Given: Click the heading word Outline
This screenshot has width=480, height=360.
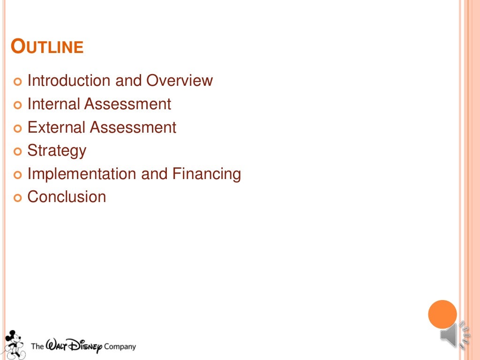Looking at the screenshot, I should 47,47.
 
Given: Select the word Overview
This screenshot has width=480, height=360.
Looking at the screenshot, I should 180,81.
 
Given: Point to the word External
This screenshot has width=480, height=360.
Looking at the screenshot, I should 56,127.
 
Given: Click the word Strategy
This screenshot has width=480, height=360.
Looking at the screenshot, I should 57,151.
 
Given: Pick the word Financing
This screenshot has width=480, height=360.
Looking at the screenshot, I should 206,174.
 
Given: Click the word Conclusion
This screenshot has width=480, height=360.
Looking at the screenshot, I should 67,197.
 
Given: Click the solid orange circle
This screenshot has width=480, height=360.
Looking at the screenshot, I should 442,314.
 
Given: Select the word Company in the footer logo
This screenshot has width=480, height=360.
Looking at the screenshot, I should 120,347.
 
